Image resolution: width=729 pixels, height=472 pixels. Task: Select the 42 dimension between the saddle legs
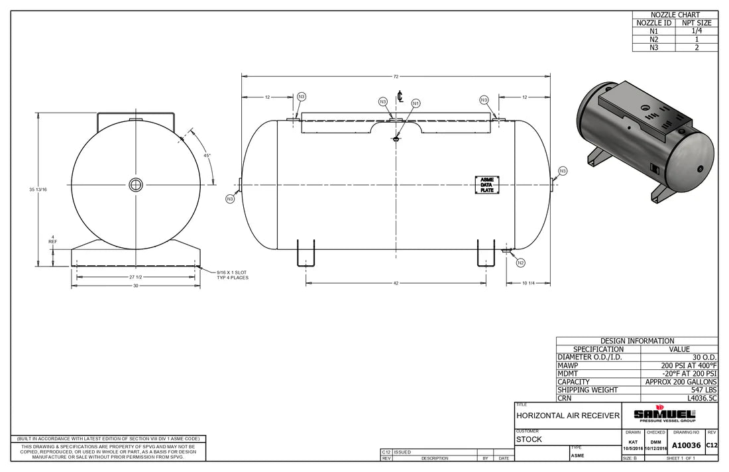396,284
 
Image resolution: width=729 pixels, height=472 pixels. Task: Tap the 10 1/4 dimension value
528,284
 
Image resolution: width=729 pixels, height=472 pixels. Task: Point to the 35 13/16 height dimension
38,190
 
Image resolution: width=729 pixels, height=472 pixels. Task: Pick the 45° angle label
207,156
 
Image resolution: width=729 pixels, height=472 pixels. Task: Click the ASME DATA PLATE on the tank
486,185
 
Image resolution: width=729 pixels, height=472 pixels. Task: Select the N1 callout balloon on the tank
416,103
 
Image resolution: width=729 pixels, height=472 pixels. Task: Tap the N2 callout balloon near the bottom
520,263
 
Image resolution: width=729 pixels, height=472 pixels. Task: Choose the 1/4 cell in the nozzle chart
696,31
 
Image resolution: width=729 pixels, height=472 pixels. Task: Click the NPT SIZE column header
696,23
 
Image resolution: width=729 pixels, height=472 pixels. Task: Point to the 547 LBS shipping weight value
703,390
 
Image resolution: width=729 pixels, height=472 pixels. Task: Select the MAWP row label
567,365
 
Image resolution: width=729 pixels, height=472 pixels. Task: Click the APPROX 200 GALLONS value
681,382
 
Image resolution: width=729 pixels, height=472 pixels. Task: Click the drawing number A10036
686,445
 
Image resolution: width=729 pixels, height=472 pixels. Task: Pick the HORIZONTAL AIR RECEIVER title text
568,416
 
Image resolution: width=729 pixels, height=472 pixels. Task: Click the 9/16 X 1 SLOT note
231,274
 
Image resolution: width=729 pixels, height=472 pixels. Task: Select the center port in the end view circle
135,184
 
